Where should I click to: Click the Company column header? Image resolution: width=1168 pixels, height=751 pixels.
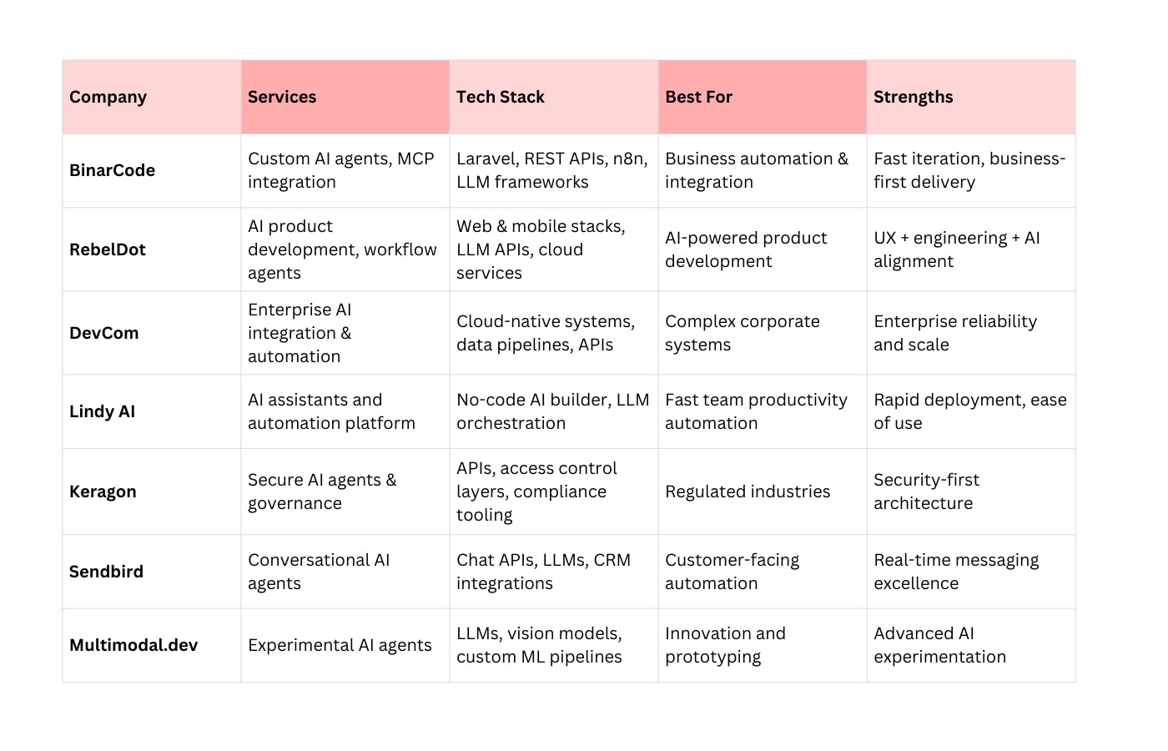click(108, 98)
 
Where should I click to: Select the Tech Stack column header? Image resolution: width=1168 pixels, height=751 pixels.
click(500, 98)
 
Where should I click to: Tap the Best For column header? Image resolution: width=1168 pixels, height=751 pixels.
click(698, 98)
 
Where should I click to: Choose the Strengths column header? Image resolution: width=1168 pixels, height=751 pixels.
click(913, 98)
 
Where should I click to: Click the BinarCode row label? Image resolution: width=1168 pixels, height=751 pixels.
click(112, 170)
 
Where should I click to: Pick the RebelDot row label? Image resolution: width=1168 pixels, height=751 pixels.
click(107, 249)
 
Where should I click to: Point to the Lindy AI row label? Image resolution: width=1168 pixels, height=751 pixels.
click(102, 411)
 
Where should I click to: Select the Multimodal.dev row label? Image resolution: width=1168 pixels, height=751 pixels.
click(133, 645)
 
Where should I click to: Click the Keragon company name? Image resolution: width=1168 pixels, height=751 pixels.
click(103, 491)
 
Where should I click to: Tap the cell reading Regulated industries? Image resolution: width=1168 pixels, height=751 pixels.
click(748, 491)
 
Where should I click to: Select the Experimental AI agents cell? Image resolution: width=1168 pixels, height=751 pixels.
click(340, 645)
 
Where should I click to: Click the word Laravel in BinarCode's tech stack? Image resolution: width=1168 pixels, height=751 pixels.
click(486, 159)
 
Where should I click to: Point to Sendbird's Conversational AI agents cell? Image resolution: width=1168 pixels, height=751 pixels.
click(319, 572)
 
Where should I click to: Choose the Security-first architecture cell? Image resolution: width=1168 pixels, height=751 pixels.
click(926, 491)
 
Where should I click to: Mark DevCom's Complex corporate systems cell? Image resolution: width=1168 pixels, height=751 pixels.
click(742, 333)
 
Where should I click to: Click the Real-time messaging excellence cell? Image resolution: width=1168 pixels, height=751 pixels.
click(955, 572)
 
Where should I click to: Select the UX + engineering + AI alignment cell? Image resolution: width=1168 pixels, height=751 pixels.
click(956, 249)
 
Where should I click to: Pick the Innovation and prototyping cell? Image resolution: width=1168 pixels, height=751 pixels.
click(725, 645)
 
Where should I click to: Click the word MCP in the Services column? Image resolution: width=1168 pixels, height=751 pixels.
click(415, 159)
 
